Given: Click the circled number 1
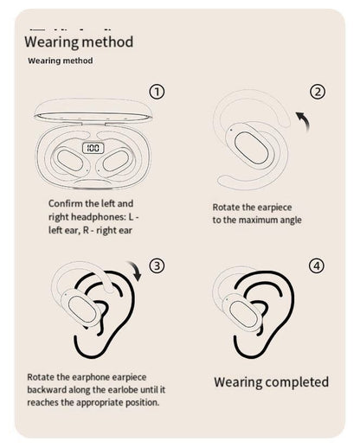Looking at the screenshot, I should point(157,92).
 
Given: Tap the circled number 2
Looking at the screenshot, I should point(318,93).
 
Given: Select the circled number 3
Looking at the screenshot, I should point(157,265).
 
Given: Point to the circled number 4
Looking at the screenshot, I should point(317,266).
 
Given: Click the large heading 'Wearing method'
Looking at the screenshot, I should point(79,41).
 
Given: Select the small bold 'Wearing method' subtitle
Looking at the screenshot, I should point(61,61).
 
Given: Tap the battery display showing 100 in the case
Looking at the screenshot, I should point(94,149).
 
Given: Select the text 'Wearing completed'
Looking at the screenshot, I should point(271,381).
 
